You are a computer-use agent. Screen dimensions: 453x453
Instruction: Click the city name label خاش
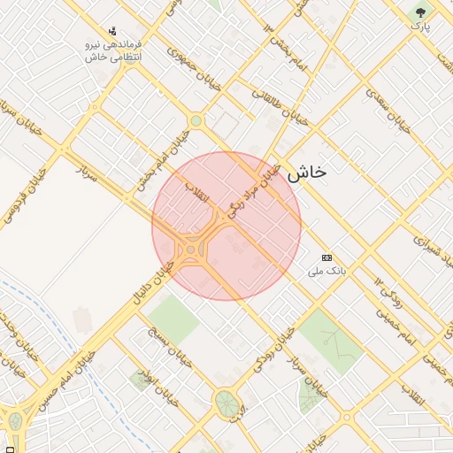coord(306,173)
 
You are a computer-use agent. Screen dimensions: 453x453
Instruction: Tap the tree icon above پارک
coord(419,12)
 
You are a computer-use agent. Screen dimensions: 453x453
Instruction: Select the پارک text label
coord(419,27)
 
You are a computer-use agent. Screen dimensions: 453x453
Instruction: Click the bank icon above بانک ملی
coord(327,257)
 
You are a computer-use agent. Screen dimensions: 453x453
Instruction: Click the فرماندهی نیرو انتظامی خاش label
coord(114,50)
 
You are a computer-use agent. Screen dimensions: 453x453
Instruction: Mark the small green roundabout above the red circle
coord(196,121)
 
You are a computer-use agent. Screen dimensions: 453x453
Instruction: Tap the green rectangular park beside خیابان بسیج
coord(173,319)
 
